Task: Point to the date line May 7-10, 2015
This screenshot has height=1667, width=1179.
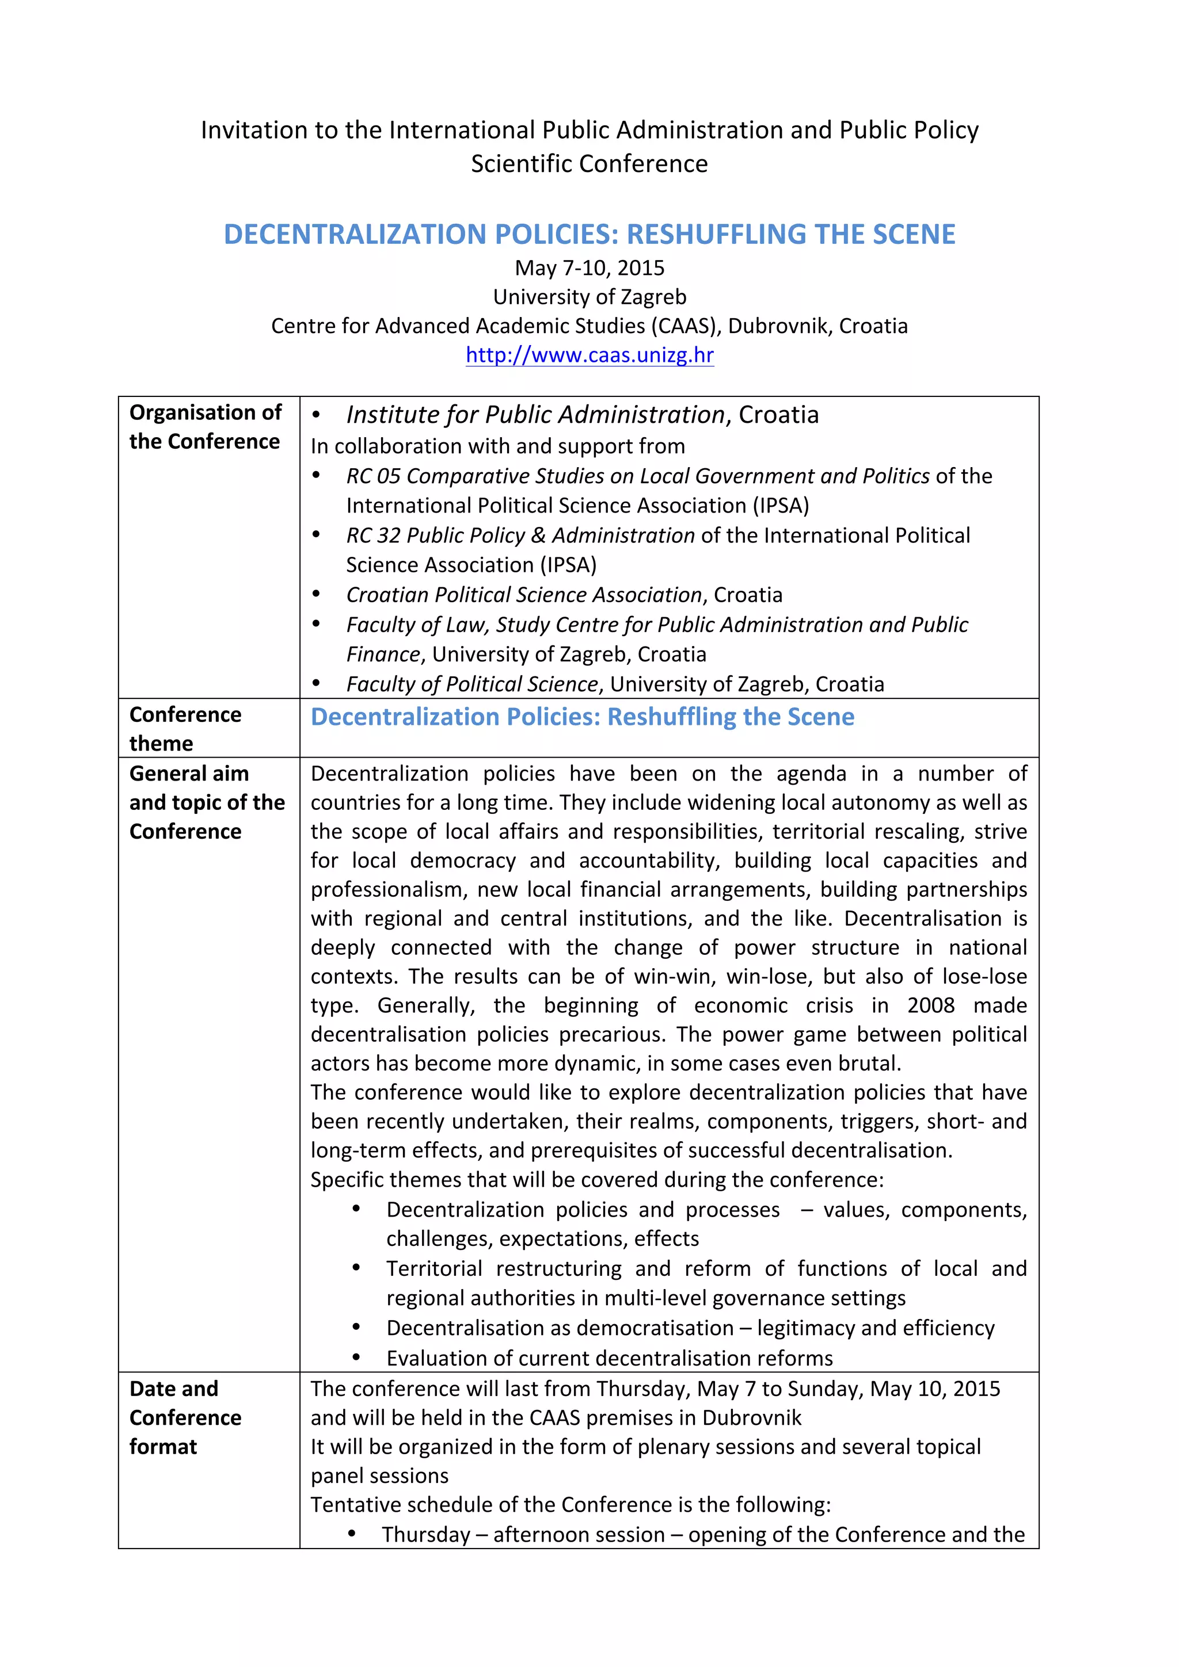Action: click(589, 268)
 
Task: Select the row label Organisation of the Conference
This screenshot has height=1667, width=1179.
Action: click(206, 427)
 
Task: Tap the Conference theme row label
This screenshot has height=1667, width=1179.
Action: click(185, 729)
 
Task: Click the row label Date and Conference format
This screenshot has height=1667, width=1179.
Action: click(185, 1417)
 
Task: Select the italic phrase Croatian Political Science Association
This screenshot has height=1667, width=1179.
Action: click(523, 595)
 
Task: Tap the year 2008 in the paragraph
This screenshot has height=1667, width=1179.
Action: click(930, 1005)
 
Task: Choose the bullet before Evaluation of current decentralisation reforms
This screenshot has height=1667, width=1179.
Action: click(356, 1357)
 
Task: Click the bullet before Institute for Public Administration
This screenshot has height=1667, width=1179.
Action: click(316, 415)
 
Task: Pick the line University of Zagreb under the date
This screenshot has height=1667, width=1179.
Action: click(589, 297)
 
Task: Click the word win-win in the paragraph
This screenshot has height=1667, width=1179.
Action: click(675, 977)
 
